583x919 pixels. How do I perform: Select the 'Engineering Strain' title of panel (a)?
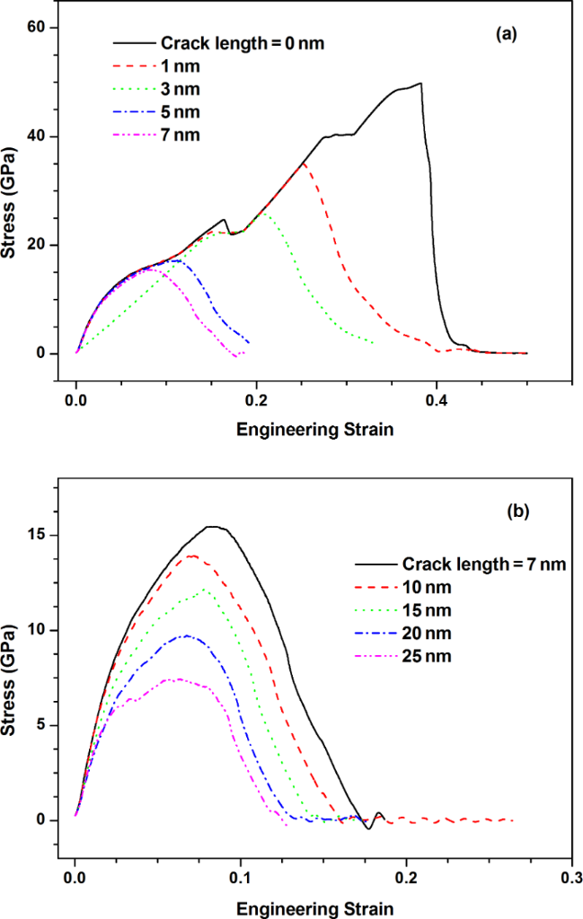pyautogui.click(x=314, y=430)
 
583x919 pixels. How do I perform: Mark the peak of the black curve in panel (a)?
pyautogui.click(x=420, y=83)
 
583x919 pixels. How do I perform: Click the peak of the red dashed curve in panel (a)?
pyautogui.click(x=304, y=163)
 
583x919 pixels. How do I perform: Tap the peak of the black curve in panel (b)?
pyautogui.click(x=213, y=527)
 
